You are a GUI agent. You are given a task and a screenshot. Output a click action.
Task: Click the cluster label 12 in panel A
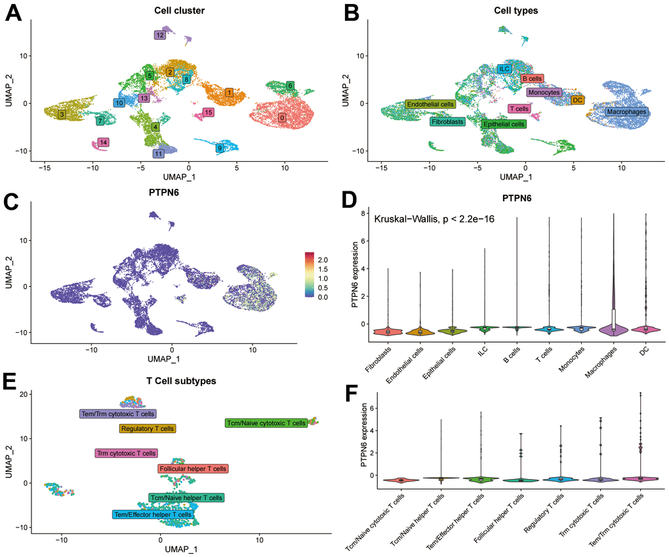pyautogui.click(x=160, y=35)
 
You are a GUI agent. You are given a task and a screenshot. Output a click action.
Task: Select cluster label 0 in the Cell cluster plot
pyautogui.click(x=282, y=118)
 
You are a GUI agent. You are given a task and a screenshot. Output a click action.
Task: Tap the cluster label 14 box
pyautogui.click(x=103, y=142)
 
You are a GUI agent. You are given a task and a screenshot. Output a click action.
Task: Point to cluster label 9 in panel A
pyautogui.click(x=220, y=148)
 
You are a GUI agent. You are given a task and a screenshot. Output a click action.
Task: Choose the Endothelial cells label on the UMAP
pyautogui.click(x=430, y=104)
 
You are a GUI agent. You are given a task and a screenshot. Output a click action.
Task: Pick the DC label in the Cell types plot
pyautogui.click(x=577, y=100)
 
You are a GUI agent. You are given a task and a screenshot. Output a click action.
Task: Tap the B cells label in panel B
pyautogui.click(x=532, y=79)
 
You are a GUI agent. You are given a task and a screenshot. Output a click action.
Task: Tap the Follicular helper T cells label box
pyautogui.click(x=193, y=469)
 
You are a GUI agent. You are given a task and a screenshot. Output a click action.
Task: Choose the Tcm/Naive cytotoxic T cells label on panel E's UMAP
pyautogui.click(x=266, y=423)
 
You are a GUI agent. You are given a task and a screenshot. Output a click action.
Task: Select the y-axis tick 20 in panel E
pyautogui.click(x=23, y=394)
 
